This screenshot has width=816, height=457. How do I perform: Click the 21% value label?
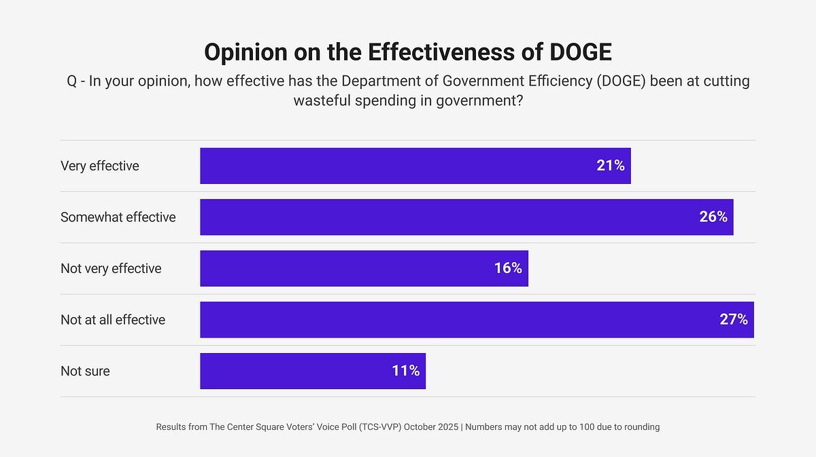tap(610, 166)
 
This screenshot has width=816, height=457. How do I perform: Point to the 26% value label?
tap(713, 217)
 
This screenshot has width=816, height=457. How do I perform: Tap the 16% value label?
tap(508, 268)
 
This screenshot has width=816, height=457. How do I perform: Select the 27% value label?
tap(734, 320)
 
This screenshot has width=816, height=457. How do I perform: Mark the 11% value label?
tap(405, 371)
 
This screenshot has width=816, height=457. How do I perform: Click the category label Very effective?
tap(100, 166)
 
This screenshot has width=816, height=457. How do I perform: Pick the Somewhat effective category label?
tap(118, 217)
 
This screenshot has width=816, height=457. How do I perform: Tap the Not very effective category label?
tap(111, 268)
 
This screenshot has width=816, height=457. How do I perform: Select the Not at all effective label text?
tap(113, 320)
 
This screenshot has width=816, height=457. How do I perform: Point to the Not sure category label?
tap(85, 371)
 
